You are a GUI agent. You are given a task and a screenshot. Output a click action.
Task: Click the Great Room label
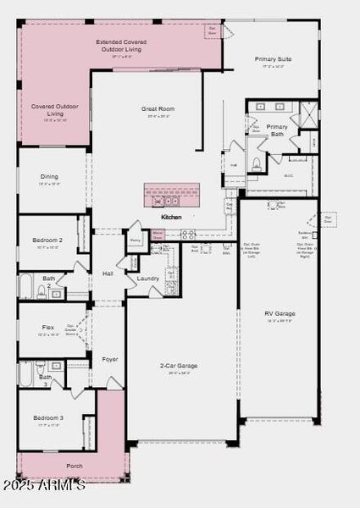coord(158,109)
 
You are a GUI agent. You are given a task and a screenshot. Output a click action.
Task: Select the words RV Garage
coord(280,313)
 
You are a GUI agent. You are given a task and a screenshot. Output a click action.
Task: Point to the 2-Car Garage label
coord(179,366)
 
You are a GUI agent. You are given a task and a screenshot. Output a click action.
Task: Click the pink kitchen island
coord(171,196)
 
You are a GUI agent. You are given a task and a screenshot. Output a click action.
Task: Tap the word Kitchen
coord(171,218)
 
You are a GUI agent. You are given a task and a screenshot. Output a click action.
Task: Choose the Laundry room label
coord(148,279)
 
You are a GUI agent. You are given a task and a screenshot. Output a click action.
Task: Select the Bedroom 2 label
coord(48,240)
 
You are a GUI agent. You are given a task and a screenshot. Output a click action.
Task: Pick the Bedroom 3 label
coord(48,418)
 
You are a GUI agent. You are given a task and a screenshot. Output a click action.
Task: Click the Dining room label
coord(50,177)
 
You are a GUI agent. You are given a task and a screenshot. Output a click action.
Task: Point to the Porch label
coord(75,466)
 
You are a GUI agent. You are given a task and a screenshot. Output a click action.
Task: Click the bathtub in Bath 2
coord(25,287)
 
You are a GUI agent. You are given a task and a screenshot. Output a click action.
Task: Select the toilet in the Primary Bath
coord(256,164)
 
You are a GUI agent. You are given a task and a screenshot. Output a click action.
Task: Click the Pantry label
coord(135,240)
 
